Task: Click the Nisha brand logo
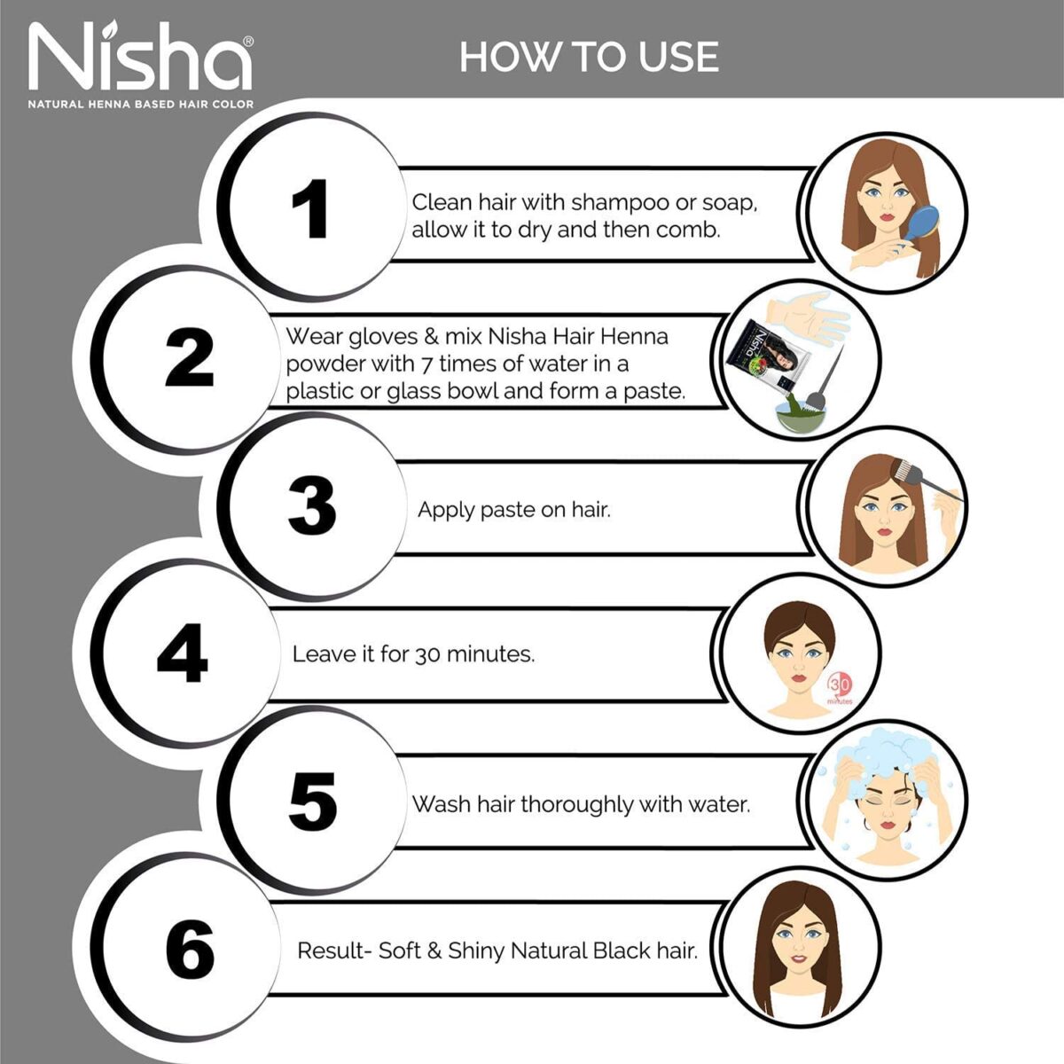140,59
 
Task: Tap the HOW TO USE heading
589,57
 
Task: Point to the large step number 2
190,357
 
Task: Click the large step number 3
312,506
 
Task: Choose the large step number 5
312,802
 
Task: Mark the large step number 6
190,949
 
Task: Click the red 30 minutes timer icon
840,687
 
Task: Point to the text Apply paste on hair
513,510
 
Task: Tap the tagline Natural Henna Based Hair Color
140,104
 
